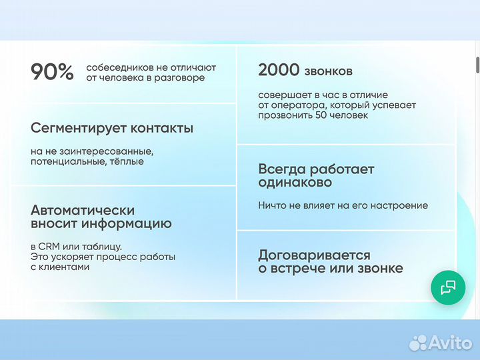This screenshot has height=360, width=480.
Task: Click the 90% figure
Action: [53, 72]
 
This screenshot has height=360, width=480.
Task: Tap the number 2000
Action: [279, 71]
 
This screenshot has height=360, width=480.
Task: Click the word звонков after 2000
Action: [329, 71]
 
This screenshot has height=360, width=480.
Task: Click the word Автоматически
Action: [83, 210]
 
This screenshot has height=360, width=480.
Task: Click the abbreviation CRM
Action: [51, 246]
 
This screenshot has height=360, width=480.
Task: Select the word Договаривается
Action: [314, 255]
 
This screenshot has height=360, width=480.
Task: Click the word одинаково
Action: [295, 183]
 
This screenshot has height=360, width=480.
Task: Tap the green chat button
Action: [447, 287]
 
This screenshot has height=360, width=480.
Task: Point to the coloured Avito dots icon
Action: [418, 343]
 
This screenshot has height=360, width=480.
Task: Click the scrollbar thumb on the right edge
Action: [477, 66]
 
